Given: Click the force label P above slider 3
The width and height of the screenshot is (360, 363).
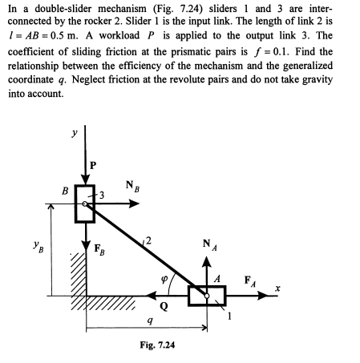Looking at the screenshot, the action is (x=97, y=165).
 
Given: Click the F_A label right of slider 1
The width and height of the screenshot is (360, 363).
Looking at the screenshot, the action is (x=249, y=280).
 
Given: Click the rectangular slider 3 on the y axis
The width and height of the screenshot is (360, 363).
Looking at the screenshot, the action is (x=85, y=204).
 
